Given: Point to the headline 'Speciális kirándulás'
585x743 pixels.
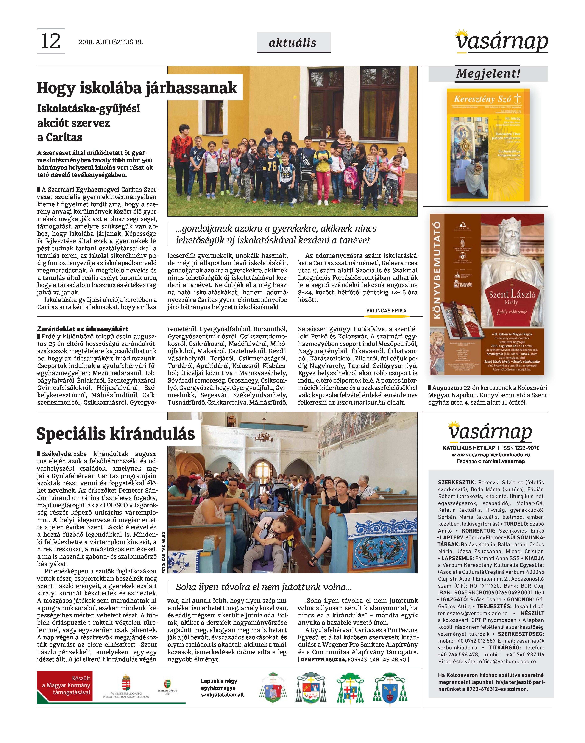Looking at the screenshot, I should pyautogui.click(x=116, y=434).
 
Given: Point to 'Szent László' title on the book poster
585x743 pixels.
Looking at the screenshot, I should pyautogui.click(x=512, y=294).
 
